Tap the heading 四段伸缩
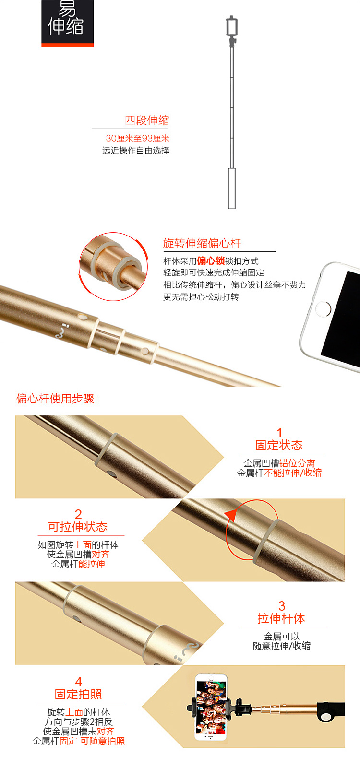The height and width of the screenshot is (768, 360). tap(147, 120)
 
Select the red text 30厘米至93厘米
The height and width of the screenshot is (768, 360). tap(138, 138)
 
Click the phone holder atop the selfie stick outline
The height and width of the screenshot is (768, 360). tap(232, 26)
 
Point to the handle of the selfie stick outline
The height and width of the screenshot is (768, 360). tap(232, 188)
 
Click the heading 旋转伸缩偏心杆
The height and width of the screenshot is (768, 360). tap(202, 243)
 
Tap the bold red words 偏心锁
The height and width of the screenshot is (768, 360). tap(211, 261)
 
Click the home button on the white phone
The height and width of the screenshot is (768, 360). tap(323, 309)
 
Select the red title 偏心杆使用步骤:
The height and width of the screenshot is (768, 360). tap(57, 399)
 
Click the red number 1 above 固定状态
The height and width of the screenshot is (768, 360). tap(279, 432)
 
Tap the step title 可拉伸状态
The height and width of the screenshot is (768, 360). tap(78, 527)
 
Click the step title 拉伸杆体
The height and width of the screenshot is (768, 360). tap(281, 618)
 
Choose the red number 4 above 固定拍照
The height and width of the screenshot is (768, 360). tap(79, 681)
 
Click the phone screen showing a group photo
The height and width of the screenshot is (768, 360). tap(211, 707)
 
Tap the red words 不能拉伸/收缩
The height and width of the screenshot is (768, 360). tap(293, 473)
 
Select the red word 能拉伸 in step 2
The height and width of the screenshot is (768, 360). tap(92, 564)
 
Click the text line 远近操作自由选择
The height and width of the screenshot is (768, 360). tap(136, 150)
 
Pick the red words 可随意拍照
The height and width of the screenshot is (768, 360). tap(103, 741)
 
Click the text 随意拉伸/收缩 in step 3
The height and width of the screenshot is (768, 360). tap(282, 646)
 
